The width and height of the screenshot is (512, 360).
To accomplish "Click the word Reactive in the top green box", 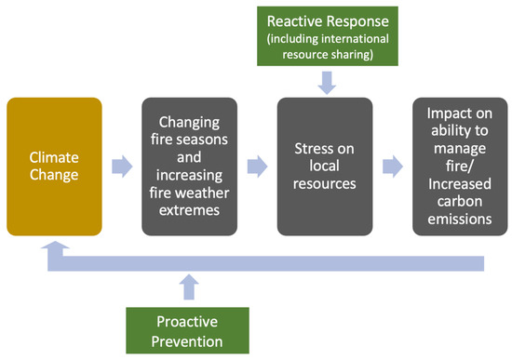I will [x=296, y=20].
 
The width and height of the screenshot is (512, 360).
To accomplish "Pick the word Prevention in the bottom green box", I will [x=190, y=342].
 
